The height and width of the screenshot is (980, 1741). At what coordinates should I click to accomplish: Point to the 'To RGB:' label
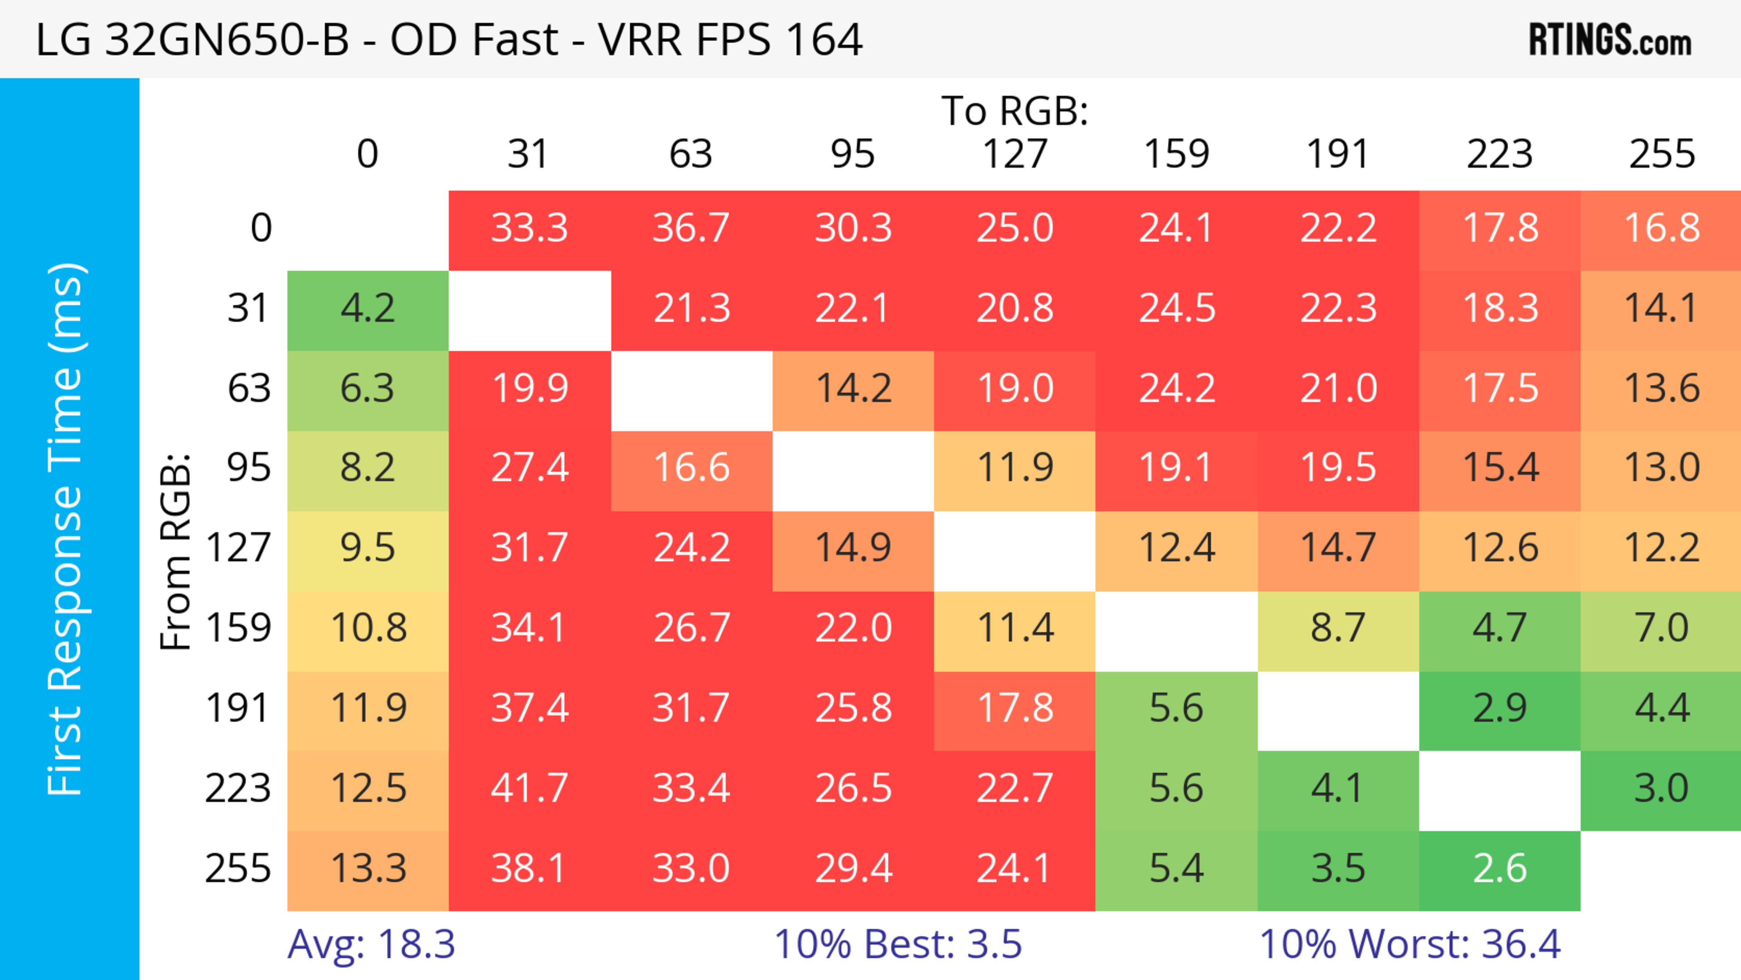tap(1015, 111)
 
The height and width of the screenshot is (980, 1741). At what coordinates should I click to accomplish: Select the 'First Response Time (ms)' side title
tap(66, 528)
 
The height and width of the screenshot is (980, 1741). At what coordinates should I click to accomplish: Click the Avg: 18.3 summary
tap(371, 944)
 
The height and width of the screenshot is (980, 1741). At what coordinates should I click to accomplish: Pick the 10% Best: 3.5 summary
tap(898, 944)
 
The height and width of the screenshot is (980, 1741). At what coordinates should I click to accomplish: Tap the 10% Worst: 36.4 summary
tap(1410, 944)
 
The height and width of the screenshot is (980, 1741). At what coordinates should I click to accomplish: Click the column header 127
tap(1015, 154)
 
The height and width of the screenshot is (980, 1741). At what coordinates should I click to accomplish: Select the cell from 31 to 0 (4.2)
tap(368, 309)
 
